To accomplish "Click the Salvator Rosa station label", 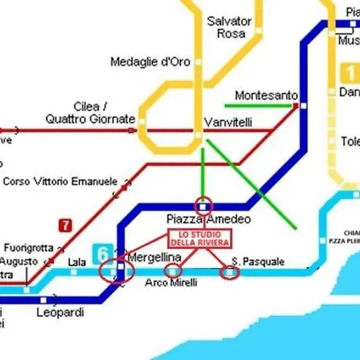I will [x=229, y=27].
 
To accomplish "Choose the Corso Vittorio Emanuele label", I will [x=60, y=182].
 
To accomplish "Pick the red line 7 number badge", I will [x=64, y=226].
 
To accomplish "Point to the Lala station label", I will [x=77, y=262].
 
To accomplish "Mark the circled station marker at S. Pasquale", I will [x=230, y=274].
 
